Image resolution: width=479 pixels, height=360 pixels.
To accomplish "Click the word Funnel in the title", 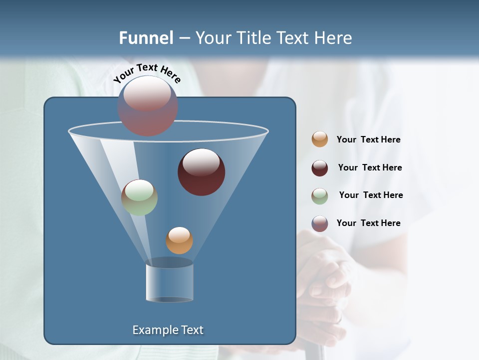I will point(146,38).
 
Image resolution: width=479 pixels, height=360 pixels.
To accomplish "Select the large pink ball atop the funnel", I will point(148,106).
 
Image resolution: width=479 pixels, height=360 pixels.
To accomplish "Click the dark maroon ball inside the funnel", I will point(201,172).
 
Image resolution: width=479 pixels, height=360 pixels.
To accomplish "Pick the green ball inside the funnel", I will point(139,197).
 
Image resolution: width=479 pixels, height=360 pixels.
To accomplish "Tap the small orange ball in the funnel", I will point(179,240).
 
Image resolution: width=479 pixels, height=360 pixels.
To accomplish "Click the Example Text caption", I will point(168,330).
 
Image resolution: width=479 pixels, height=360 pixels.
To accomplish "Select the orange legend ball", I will point(320,139).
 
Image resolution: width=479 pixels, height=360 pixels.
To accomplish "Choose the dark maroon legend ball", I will point(320,168).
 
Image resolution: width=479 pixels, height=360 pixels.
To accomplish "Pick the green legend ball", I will point(320,196).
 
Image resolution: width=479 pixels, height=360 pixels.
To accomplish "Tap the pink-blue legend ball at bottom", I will point(320,223).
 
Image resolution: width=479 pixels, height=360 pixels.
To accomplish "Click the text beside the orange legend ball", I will point(368,139).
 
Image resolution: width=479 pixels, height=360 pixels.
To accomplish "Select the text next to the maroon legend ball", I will point(370,167).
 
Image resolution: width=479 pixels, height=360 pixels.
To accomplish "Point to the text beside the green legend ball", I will point(371,195).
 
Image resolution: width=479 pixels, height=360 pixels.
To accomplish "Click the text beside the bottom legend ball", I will point(368,223).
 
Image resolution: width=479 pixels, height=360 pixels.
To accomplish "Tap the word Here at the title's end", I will point(334,38).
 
